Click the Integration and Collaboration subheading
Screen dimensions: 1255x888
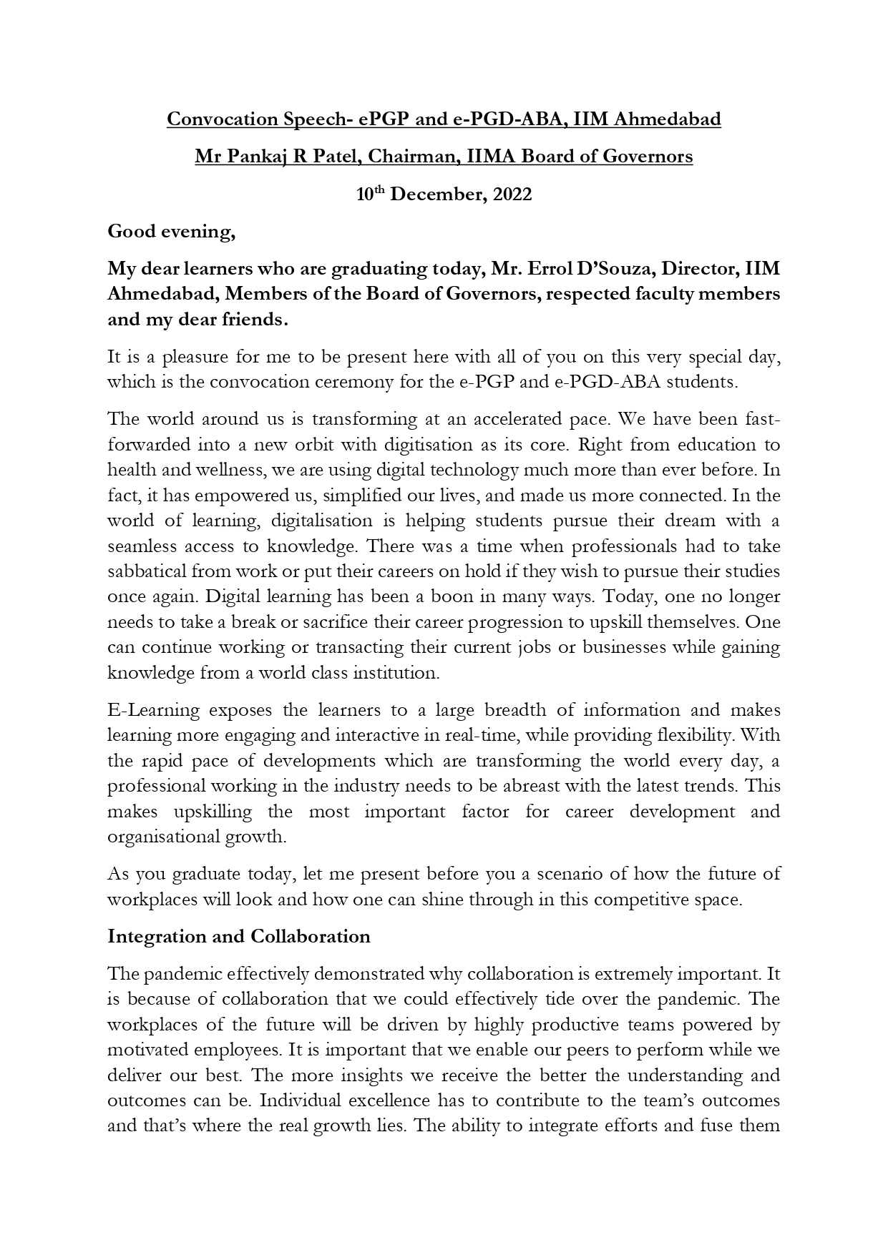[x=239, y=936]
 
